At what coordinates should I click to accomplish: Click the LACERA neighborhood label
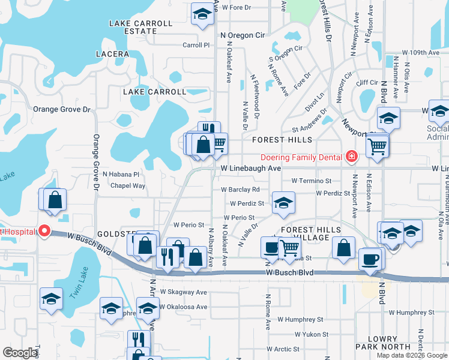click(x=112, y=54)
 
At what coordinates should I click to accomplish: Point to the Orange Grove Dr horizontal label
click(x=61, y=110)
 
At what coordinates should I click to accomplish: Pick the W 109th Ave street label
click(x=421, y=53)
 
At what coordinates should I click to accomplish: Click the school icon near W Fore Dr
click(x=202, y=14)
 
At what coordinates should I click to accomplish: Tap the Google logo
click(x=20, y=353)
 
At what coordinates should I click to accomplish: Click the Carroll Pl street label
click(x=196, y=45)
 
